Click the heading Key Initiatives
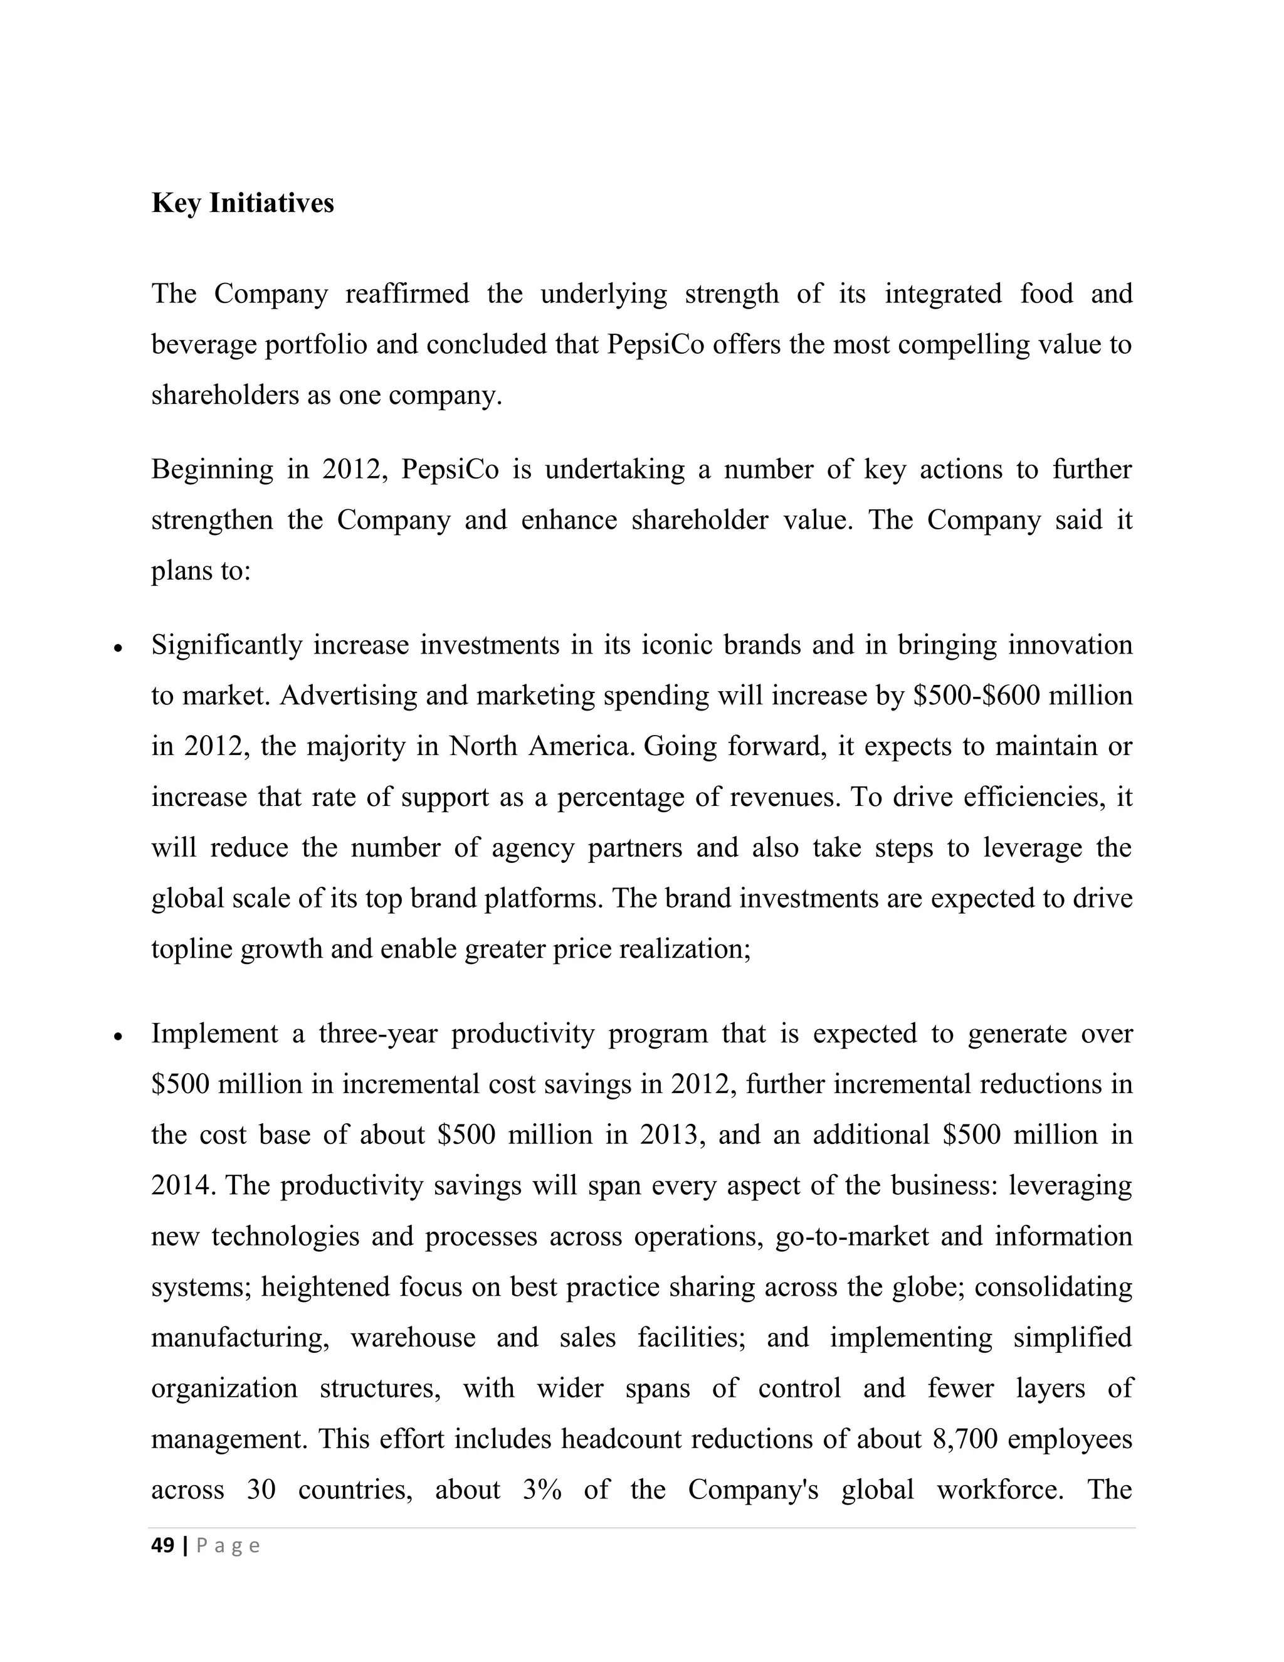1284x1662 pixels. pos(243,203)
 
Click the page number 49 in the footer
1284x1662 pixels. pos(163,1545)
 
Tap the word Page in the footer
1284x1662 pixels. pos(228,1545)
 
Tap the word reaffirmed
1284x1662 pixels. pos(407,294)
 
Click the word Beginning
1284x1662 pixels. pos(211,470)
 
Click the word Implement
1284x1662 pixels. pos(214,1034)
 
